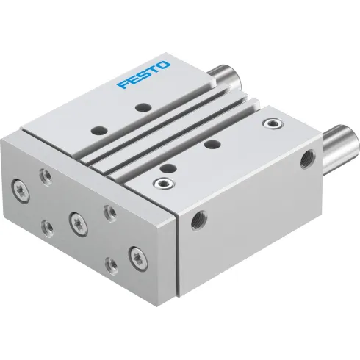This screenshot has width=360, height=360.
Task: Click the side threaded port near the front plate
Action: pyautogui.click(x=198, y=219)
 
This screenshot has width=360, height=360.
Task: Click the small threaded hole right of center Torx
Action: pyautogui.click(x=109, y=212)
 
